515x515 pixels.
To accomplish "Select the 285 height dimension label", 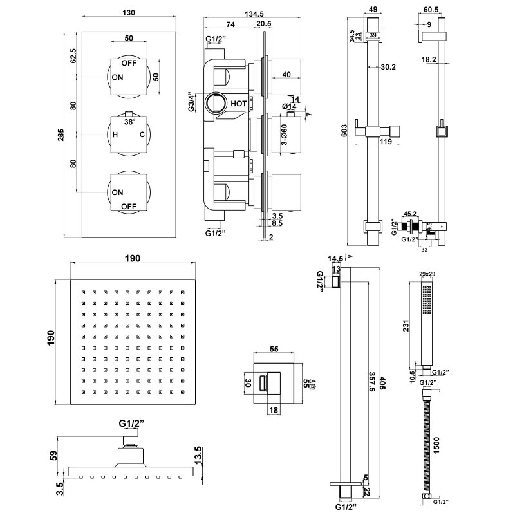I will coord(61,135).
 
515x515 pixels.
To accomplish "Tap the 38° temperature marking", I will coord(130,122).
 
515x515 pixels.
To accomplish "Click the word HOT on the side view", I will coord(239,102).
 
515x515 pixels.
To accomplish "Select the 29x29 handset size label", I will coord(426,276).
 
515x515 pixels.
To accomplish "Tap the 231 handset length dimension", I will coord(406,326).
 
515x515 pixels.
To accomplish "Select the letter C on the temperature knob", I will coord(142,135).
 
